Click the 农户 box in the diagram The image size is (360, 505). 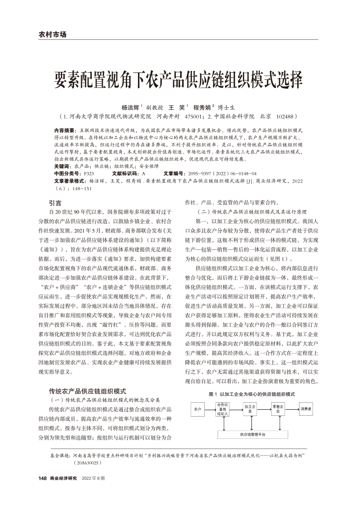tap(198, 409)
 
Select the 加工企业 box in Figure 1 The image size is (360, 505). tap(251, 409)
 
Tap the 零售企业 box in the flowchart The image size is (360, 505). tap(278, 409)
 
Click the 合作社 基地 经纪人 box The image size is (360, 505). tap(222, 410)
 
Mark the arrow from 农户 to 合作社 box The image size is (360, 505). tap(210, 409)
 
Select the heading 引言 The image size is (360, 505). tap(55, 202)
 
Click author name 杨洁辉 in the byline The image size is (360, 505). tap(130, 107)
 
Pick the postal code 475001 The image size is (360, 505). tap(194, 117)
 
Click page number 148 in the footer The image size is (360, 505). tap(42, 478)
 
